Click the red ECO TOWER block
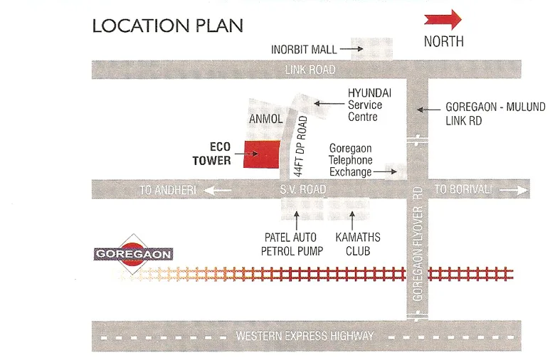[x=260, y=155]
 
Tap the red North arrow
[x=443, y=19]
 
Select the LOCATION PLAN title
[x=168, y=26]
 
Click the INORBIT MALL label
[x=304, y=50]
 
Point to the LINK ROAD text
[x=310, y=70]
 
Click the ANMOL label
[x=266, y=120]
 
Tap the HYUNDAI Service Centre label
[x=365, y=105]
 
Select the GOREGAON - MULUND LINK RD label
[x=495, y=114]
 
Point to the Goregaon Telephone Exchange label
[x=351, y=160]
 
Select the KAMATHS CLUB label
[x=357, y=244]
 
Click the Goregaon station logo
[x=133, y=253]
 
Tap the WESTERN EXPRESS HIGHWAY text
[x=305, y=336]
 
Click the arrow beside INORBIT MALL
[x=348, y=50]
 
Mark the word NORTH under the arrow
[x=443, y=41]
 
